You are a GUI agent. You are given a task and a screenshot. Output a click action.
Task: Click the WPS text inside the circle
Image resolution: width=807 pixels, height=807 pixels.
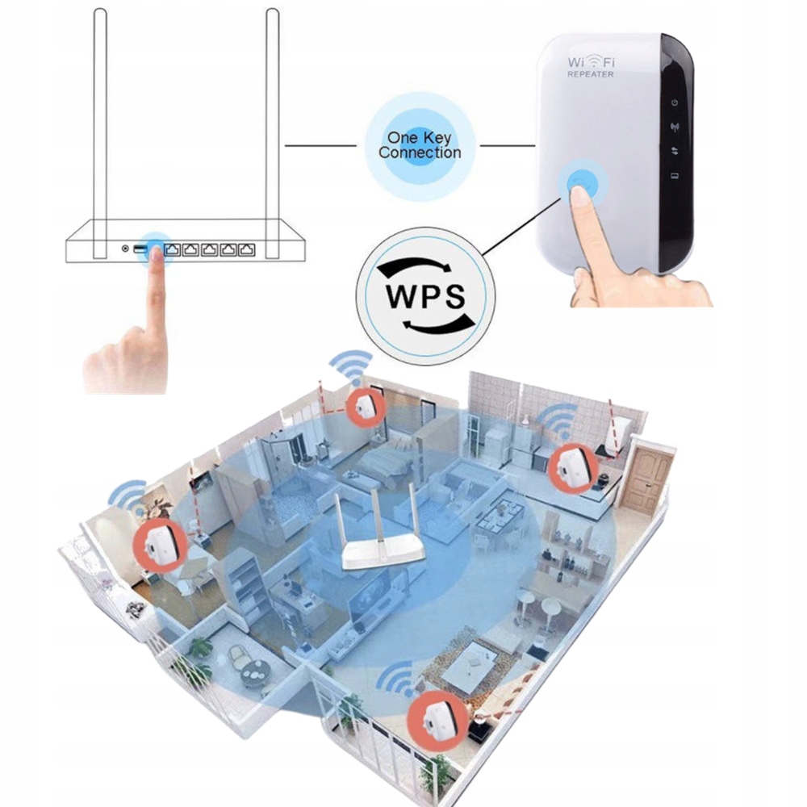(426, 296)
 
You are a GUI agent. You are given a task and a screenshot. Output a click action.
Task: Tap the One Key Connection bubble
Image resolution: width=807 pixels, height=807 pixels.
(420, 145)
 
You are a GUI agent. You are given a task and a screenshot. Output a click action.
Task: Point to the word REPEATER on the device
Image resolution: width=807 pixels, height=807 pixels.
(591, 74)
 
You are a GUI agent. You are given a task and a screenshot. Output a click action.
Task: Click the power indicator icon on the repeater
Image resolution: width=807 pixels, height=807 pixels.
(675, 103)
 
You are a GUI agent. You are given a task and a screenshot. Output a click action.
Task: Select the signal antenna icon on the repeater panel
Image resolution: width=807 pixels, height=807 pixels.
(675, 127)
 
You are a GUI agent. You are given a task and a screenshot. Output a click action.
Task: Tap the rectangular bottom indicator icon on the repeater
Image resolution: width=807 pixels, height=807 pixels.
(675, 177)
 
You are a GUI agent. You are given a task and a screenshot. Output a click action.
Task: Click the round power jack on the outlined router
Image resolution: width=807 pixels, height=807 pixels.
(125, 249)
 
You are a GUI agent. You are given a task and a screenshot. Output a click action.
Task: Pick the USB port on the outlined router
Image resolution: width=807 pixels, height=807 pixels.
(140, 249)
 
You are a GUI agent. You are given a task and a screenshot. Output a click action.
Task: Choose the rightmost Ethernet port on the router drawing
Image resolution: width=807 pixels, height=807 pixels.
(249, 249)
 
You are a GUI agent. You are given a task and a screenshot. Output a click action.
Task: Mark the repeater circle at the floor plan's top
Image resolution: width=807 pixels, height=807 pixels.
(363, 406)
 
